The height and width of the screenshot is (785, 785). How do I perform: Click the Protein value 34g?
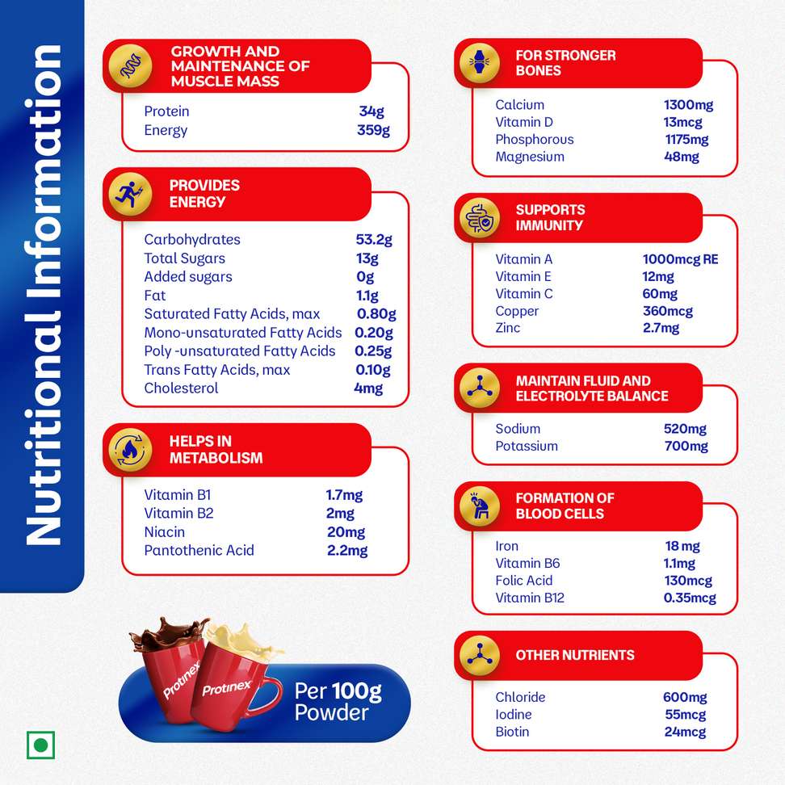pos(371,111)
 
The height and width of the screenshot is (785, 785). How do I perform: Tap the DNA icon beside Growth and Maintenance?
pos(131,66)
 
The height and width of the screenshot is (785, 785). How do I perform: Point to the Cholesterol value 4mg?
pos(368,388)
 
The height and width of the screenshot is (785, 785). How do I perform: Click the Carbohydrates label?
pos(192,240)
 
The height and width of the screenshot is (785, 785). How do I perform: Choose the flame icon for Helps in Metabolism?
pos(131,450)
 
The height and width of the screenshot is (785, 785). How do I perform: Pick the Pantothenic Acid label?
pos(199,551)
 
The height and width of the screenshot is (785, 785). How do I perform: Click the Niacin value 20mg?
pos(346,532)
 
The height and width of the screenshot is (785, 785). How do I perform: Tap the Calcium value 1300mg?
pos(688,105)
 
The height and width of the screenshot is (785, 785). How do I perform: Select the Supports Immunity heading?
pos(549,217)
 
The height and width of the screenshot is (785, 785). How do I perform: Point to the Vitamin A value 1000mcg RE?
pos(680,259)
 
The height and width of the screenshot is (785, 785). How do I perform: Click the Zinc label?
pos(508,328)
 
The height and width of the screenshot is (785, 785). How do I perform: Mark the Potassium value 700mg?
pos(686,447)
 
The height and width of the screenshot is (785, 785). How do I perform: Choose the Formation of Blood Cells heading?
pos(565,506)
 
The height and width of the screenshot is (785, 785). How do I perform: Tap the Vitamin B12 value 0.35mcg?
pos(690,598)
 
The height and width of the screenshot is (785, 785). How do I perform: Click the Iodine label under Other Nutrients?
pos(514,715)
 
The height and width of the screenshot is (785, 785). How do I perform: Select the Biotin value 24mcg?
pos(684,733)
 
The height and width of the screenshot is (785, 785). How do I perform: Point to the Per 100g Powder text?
pos(338,701)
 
